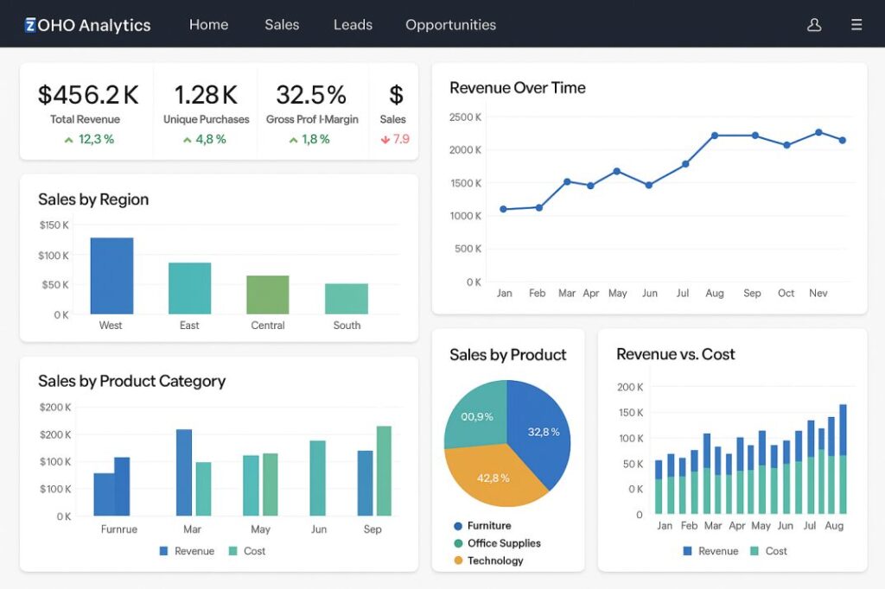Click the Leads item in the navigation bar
[353, 25]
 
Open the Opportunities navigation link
[450, 25]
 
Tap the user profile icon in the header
[813, 25]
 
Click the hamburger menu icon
[856, 25]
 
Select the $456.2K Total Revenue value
[88, 94]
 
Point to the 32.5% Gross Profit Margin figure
[311, 94]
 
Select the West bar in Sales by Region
[111, 275]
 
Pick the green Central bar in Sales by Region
[268, 294]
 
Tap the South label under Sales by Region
[347, 326]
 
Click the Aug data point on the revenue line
[715, 136]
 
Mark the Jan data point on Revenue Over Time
[504, 209]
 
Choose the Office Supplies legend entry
[503, 543]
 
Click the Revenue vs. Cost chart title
[675, 354]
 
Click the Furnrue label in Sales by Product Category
[118, 529]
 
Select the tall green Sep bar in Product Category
[384, 471]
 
